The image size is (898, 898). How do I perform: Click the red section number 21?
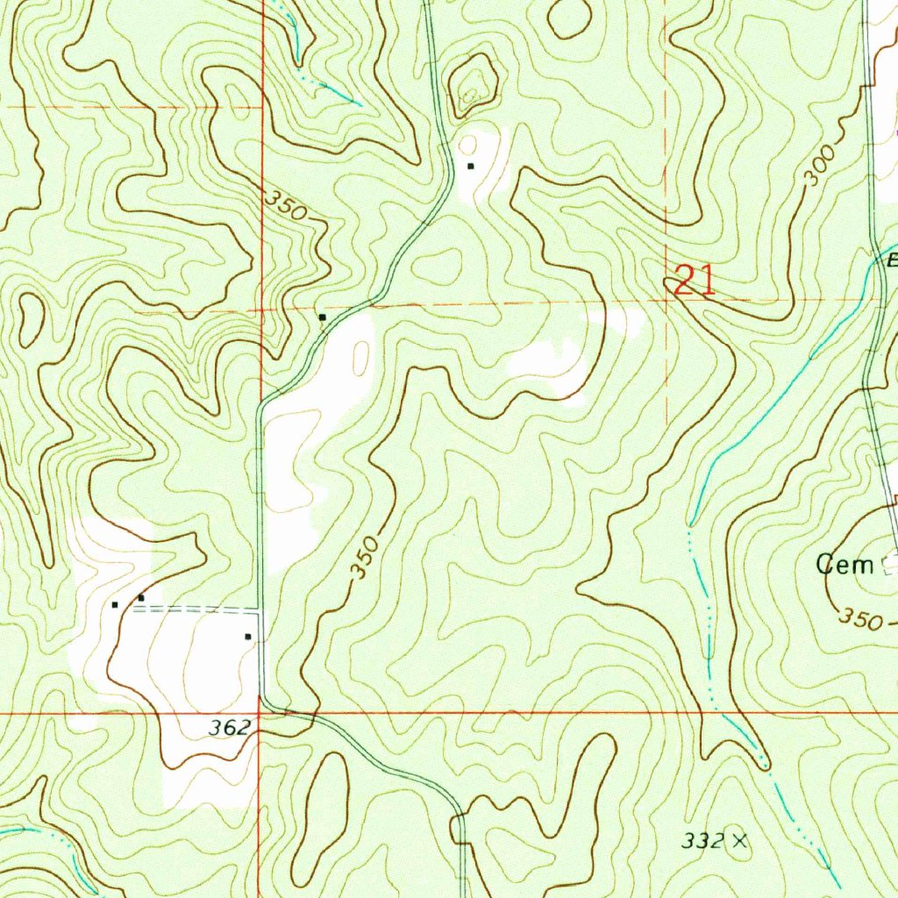tap(695, 281)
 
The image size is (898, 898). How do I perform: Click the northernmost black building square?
tap(471, 166)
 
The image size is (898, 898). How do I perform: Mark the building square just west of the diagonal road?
tap(323, 317)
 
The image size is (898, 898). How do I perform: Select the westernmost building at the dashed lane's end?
tap(115, 604)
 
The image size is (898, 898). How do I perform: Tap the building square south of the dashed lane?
tap(248, 637)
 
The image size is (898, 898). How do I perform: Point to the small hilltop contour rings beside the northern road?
tap(474, 85)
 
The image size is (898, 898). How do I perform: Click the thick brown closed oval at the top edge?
tap(569, 18)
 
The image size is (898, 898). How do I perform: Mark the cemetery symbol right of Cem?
tap(890, 564)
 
